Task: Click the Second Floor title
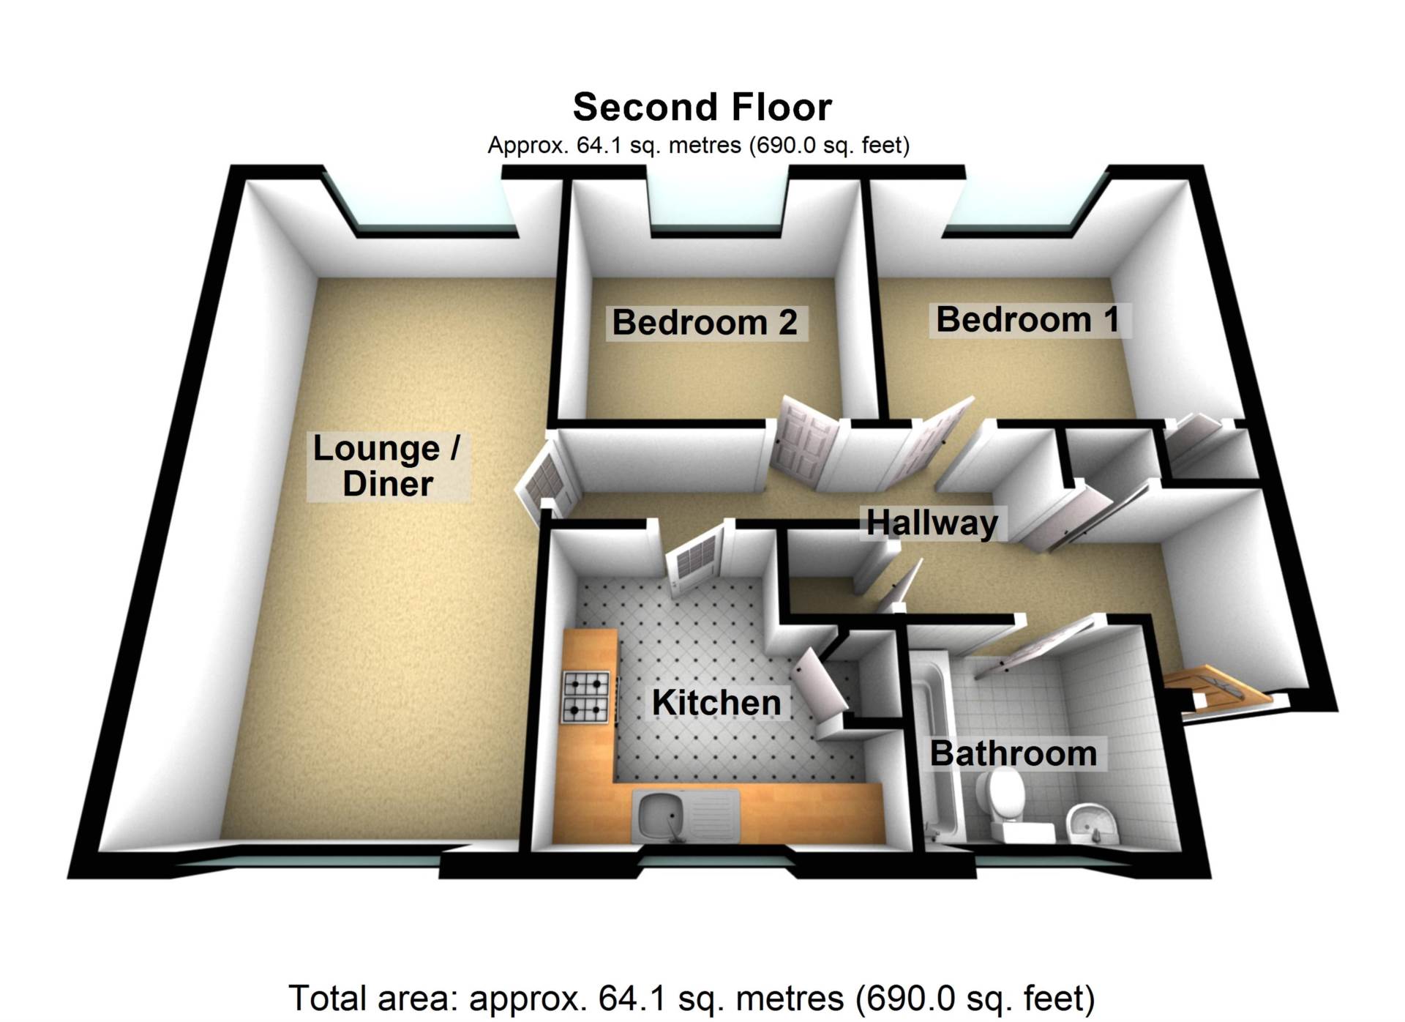coord(702,108)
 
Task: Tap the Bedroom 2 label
coord(704,322)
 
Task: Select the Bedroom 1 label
coord(1027,320)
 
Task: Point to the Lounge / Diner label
coord(387,466)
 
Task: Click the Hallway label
coord(932,523)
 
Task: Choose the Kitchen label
coord(716,703)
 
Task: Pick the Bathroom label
coord(1013,753)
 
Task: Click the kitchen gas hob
coord(585,697)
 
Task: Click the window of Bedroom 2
coord(717,209)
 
